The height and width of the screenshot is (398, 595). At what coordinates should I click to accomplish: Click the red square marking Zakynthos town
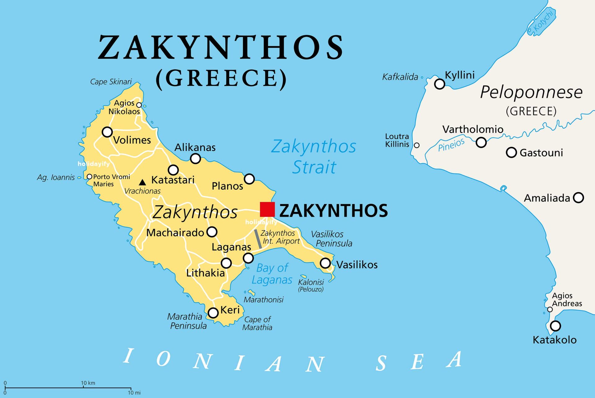tap(267, 209)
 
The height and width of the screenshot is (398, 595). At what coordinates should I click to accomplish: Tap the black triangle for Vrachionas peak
tap(142, 182)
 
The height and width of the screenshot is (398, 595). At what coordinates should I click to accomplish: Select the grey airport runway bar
tap(258, 239)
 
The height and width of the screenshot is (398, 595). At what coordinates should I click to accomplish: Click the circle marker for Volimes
tap(107, 132)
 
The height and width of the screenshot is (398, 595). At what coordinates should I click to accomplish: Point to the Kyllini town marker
tap(439, 84)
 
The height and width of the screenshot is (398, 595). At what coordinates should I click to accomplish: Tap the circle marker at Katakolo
tap(555, 326)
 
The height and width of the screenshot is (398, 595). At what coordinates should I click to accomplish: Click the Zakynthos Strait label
tap(314, 157)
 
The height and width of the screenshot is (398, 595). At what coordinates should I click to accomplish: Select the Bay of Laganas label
tap(272, 274)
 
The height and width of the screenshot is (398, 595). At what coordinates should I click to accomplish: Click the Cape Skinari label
tap(111, 82)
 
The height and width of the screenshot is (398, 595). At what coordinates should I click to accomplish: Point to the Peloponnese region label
tap(531, 92)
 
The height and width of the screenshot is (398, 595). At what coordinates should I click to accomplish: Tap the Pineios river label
tap(451, 145)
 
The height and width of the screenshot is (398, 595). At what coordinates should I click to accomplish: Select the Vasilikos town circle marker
tap(325, 263)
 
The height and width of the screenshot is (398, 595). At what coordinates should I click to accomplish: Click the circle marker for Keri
tap(213, 313)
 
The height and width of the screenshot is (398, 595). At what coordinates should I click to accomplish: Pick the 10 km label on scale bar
tap(88, 383)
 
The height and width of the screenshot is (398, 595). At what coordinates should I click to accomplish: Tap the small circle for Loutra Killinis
tap(417, 145)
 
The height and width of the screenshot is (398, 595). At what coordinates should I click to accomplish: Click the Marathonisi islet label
tap(263, 300)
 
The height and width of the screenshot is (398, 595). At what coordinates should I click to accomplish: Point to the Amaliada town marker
tap(578, 198)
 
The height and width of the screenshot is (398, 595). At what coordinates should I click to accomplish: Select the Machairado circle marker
tap(212, 232)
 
